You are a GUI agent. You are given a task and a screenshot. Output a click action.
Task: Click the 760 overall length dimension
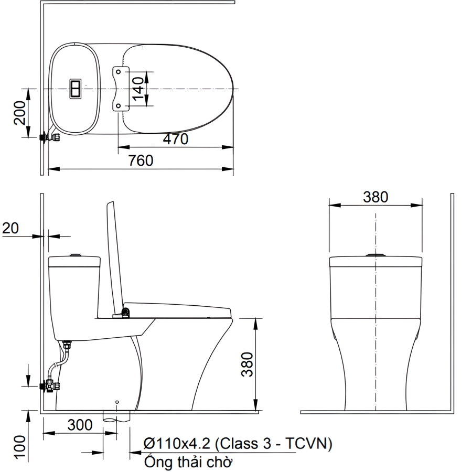pos(141,160)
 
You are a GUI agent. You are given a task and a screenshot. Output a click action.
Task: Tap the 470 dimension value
pos(176,139)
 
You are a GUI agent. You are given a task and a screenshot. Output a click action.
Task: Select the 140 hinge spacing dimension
pos(138,89)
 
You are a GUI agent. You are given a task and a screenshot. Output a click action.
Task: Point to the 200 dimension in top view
pos(20,113)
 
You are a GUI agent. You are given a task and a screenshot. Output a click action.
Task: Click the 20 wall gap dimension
pos(10,228)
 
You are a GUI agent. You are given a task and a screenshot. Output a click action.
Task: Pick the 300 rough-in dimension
pos(80,425)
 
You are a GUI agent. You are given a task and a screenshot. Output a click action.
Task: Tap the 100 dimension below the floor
pos(20,447)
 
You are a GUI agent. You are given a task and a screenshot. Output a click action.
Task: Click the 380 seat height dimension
pos(247,364)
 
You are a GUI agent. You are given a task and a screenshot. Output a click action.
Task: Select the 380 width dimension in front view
pos(376,197)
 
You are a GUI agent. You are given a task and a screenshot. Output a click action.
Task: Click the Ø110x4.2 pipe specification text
pos(238,443)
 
